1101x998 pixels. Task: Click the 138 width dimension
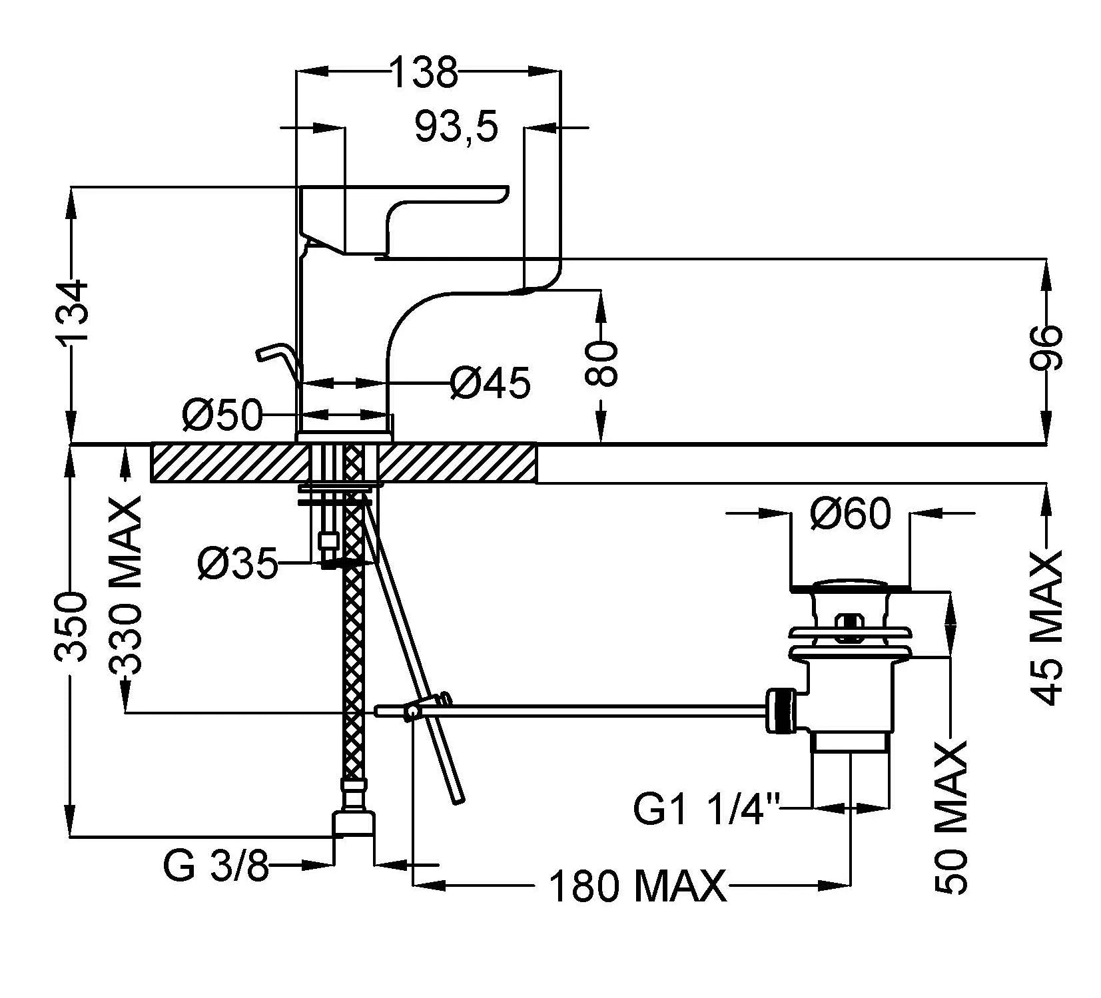click(x=424, y=73)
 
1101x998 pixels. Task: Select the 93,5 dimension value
click(x=456, y=126)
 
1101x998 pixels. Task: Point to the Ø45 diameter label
click(x=490, y=383)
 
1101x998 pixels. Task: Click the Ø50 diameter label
click(x=222, y=415)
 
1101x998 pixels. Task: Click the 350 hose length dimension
click(x=71, y=626)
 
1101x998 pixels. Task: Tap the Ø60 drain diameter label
click(x=851, y=513)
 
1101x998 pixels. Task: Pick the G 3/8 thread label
click(x=215, y=866)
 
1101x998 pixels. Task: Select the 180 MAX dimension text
click(x=638, y=886)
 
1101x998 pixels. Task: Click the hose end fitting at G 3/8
click(x=354, y=823)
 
